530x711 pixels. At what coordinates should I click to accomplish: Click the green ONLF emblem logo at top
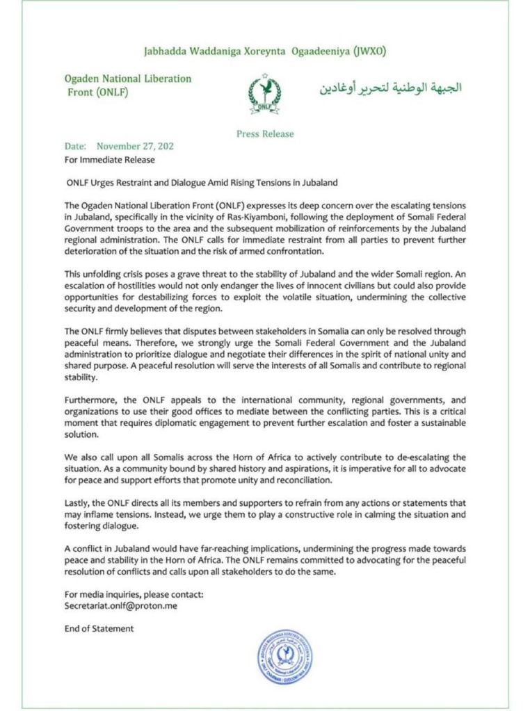click(264, 92)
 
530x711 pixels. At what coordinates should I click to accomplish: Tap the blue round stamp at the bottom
click(283, 657)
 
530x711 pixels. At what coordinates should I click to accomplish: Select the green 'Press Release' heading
click(265, 134)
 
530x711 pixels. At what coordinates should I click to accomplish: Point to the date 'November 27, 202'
click(135, 147)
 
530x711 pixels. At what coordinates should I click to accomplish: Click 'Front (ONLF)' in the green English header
click(98, 92)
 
